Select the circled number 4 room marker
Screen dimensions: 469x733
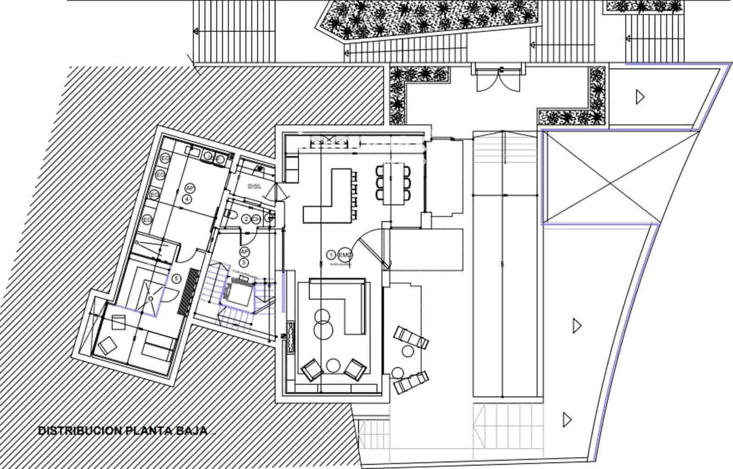(187, 199)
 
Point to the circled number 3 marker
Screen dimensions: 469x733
(244, 262)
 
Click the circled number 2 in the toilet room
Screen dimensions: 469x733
(246, 219)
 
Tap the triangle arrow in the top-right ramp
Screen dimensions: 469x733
(640, 97)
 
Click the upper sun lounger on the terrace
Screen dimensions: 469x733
(411, 337)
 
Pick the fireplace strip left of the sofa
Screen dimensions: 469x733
(290, 338)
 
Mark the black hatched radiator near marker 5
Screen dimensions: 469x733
(189, 291)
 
